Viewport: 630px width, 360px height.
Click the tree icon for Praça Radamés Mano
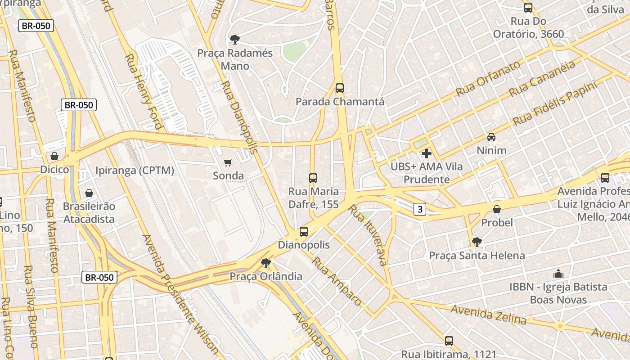234,40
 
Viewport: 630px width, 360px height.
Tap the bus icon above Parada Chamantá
340,88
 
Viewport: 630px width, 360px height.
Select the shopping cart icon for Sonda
228,162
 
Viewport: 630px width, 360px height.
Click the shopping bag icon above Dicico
54,156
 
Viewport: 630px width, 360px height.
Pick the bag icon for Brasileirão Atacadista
89,193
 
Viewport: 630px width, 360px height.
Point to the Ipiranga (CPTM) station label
135,171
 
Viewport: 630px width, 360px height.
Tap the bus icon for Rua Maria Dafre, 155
313,178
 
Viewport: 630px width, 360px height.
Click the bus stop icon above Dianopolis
304,232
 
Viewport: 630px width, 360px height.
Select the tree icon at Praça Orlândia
266,263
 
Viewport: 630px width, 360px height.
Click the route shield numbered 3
420,209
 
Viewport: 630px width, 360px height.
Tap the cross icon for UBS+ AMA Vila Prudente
426,153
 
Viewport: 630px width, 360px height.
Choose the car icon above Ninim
491,137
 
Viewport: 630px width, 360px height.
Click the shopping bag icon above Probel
497,209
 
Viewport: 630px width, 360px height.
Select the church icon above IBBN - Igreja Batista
558,274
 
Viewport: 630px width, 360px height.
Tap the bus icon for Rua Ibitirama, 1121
449,341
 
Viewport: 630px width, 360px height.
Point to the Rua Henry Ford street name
143,91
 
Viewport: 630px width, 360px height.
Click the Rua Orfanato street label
488,78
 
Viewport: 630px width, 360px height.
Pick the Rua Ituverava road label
368,235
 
